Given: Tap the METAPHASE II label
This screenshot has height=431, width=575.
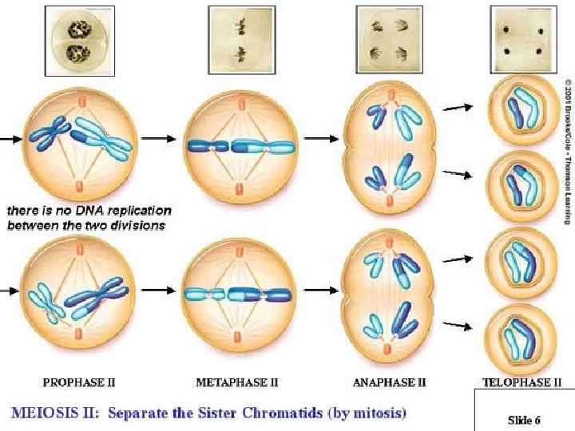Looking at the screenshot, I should pos(236,382).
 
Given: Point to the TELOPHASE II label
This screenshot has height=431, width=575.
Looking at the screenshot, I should pos(517,382).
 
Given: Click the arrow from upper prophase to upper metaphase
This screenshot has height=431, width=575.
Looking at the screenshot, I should pos(158,138).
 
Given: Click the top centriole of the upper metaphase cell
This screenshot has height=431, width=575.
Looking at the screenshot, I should pos(236,100).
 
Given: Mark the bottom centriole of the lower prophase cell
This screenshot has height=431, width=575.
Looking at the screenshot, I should pos(78,333).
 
